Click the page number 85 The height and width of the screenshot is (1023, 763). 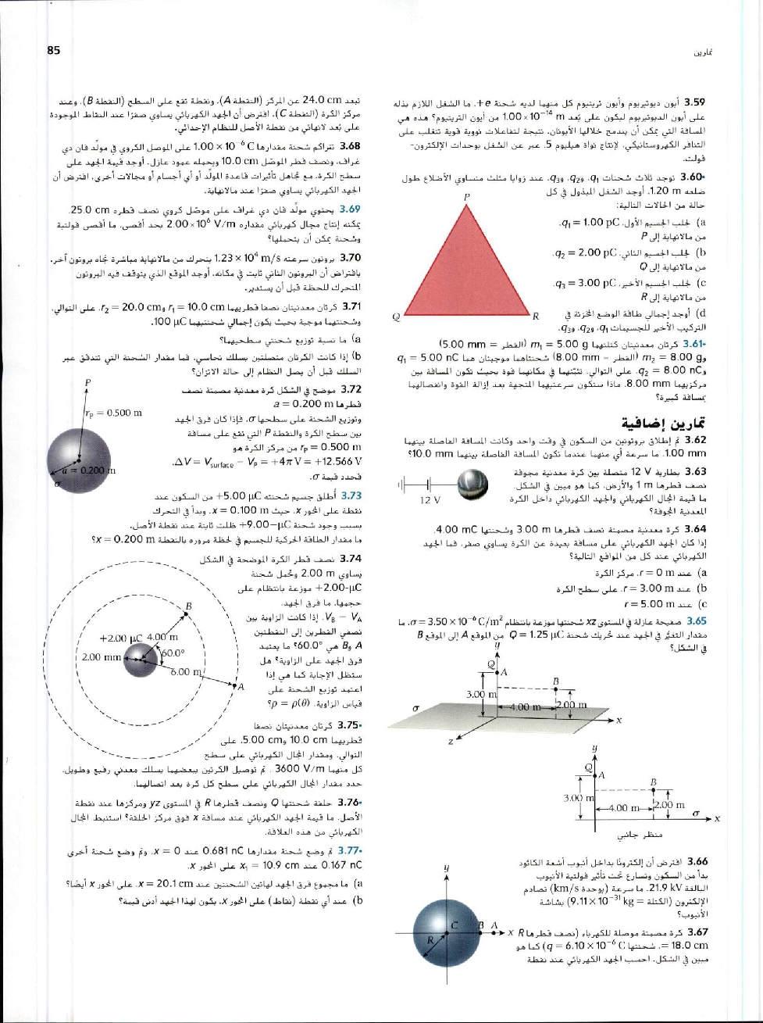click(54, 51)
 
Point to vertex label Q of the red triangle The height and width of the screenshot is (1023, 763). click(398, 317)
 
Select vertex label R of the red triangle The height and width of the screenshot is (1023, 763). click(537, 317)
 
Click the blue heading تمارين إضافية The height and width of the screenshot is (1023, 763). click(670, 423)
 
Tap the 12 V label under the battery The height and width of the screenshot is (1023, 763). click(430, 499)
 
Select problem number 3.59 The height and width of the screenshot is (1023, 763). click(695, 102)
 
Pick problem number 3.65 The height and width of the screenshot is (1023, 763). click(695, 621)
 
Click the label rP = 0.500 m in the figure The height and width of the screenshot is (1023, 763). click(113, 413)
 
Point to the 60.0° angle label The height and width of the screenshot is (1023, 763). click(171, 653)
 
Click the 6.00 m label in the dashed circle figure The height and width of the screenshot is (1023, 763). click(187, 671)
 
